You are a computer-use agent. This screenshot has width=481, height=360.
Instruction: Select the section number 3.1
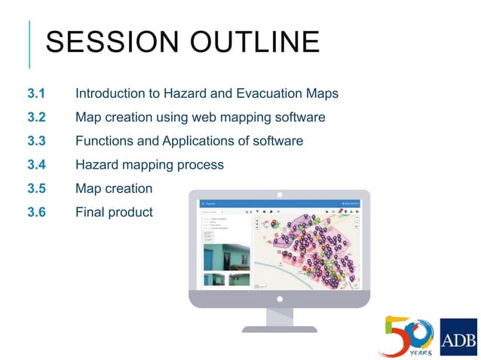point(36,94)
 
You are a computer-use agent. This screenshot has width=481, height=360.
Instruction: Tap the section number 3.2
point(36,117)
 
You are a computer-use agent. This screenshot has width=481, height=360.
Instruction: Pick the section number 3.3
point(36,141)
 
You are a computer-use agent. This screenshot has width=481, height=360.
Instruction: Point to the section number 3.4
point(36,164)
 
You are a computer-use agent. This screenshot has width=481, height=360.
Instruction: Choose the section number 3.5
point(36,188)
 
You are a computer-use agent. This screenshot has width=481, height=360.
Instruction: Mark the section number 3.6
point(36,212)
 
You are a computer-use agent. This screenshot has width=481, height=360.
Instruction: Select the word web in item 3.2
point(206,117)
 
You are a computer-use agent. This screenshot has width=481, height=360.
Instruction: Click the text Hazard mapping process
point(149,164)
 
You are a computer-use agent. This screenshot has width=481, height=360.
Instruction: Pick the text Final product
point(114,212)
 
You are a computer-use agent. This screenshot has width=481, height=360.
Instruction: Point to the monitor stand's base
point(279,328)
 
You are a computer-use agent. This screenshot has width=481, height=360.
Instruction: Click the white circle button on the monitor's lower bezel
point(279,299)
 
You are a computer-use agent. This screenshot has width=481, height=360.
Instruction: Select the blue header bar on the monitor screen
point(279,203)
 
